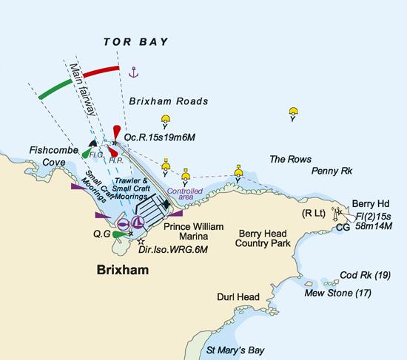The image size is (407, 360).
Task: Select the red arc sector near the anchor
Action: point(101,71)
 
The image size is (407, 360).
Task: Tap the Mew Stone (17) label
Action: point(337,293)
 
